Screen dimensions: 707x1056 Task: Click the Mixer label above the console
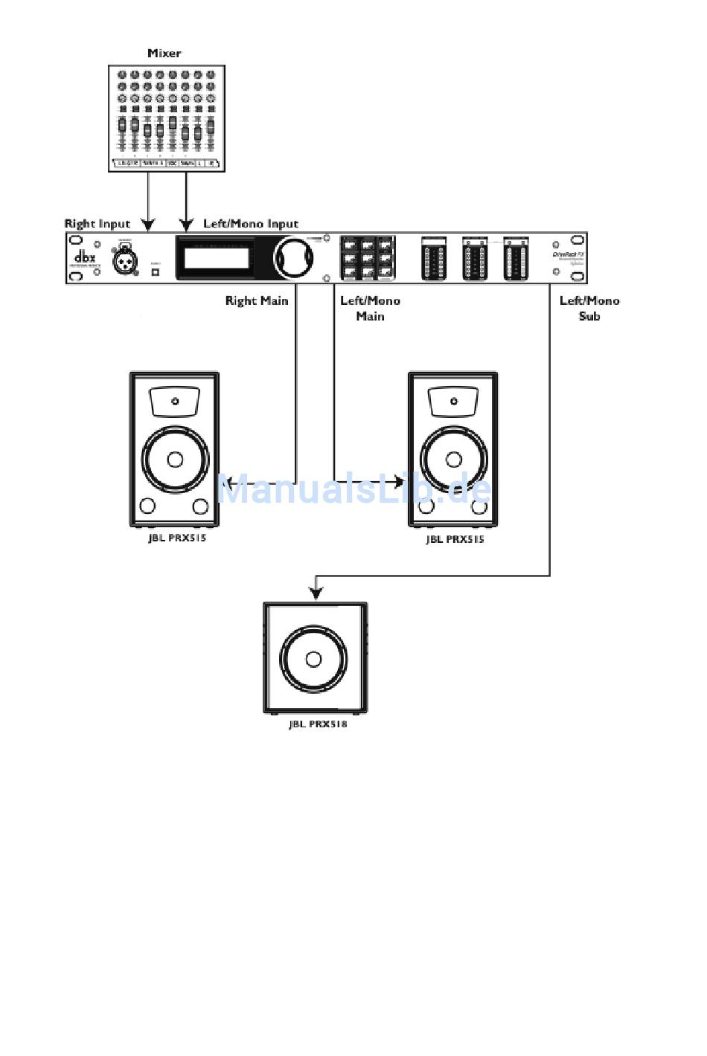pyautogui.click(x=164, y=54)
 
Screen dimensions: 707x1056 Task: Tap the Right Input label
pyautogui.click(x=97, y=224)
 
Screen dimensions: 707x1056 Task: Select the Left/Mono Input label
pyautogui.click(x=251, y=224)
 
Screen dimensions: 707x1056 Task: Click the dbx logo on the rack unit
pyautogui.click(x=85, y=257)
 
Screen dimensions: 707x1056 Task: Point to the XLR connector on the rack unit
pyautogui.click(x=124, y=259)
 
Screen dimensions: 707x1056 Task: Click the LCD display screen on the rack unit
pyautogui.click(x=217, y=258)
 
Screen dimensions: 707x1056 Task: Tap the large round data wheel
pyautogui.click(x=293, y=258)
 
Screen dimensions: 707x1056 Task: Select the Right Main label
pyautogui.click(x=257, y=301)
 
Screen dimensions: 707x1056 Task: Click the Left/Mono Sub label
pyautogui.click(x=589, y=309)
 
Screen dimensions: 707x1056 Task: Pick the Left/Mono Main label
pyautogui.click(x=370, y=309)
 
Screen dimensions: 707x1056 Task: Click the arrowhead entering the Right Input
pyautogui.click(x=148, y=224)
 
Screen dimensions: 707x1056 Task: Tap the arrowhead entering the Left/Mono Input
pyautogui.click(x=185, y=224)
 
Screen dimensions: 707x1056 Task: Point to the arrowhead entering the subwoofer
pyautogui.click(x=316, y=593)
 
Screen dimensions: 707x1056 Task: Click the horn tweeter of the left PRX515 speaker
pyautogui.click(x=175, y=402)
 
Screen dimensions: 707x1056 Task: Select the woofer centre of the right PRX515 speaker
pyautogui.click(x=454, y=459)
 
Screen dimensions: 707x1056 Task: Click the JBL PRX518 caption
pyautogui.click(x=318, y=724)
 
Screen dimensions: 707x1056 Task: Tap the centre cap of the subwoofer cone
pyautogui.click(x=313, y=659)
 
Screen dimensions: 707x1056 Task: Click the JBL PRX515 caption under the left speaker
pyautogui.click(x=176, y=538)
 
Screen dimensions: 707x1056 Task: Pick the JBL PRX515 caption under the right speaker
pyautogui.click(x=455, y=539)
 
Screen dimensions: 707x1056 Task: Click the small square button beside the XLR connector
pyautogui.click(x=156, y=272)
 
